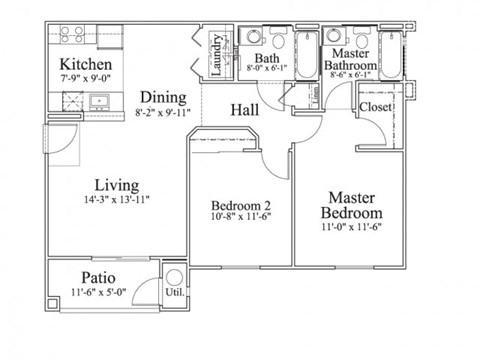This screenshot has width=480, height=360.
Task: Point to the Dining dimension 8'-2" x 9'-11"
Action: click(162, 114)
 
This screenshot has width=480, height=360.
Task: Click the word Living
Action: click(116, 185)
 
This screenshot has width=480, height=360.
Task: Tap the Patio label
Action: click(97, 277)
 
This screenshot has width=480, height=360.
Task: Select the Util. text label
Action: click(174, 294)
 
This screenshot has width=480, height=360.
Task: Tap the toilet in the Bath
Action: click(254, 38)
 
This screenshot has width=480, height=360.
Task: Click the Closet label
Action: click(375, 107)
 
